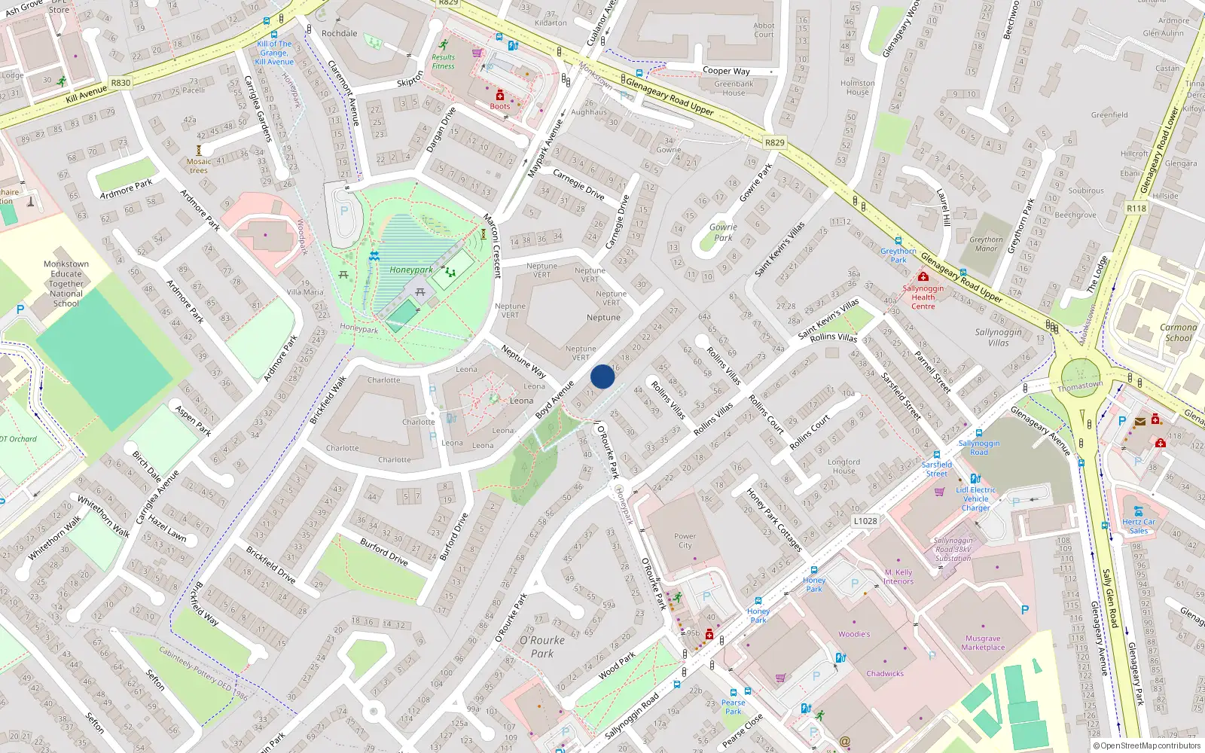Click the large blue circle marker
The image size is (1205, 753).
(602, 376)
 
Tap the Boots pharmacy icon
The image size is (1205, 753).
(499, 96)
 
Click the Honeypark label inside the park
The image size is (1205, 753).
(411, 270)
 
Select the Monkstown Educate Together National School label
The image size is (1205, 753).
(66, 284)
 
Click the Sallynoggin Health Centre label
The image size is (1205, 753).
(923, 297)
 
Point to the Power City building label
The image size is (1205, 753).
(685, 541)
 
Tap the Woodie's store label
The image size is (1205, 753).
(854, 634)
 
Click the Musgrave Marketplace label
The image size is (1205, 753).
(983, 642)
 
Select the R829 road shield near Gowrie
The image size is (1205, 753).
(774, 142)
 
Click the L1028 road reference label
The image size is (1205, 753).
(865, 520)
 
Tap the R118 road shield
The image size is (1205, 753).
(1136, 209)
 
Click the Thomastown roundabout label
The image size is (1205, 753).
(1080, 386)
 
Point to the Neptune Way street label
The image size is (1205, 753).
(523, 361)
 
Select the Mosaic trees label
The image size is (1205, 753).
(199, 166)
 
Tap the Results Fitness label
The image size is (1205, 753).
(443, 62)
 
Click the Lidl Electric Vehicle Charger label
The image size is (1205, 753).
(975, 498)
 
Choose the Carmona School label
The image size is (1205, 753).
(1178, 332)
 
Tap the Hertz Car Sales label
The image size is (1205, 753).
(1138, 526)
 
